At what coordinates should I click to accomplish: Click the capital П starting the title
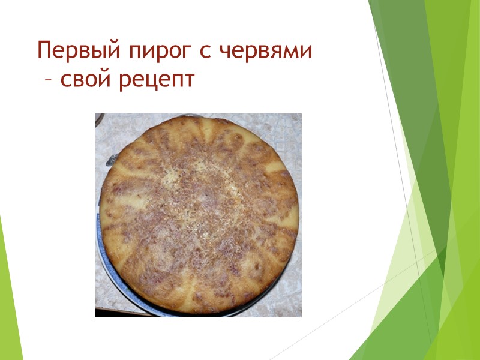tap(44, 50)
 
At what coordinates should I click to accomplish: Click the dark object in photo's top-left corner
tap(100, 118)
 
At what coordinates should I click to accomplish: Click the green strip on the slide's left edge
tap(9, 300)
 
